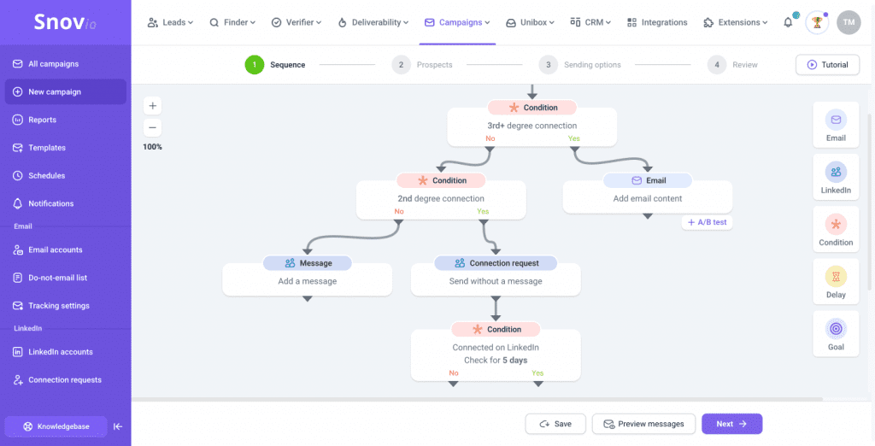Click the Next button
[731, 424]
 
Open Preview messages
[643, 424]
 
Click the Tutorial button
[827, 65]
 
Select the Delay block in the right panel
[836, 283]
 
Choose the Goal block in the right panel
[836, 335]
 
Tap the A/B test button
[707, 222]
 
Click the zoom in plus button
[152, 106]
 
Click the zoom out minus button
[152, 127]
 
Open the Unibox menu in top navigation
[530, 22]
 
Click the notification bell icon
[788, 22]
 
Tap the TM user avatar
[849, 22]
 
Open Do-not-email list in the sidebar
[57, 278]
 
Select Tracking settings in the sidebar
[58, 306]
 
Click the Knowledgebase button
[56, 425]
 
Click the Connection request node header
[496, 263]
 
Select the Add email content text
[647, 198]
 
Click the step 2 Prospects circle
[400, 65]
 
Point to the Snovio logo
[65, 22]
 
